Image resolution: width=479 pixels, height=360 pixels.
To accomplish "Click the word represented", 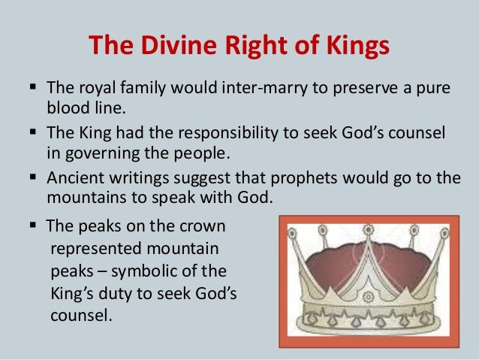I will coord(95,246).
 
